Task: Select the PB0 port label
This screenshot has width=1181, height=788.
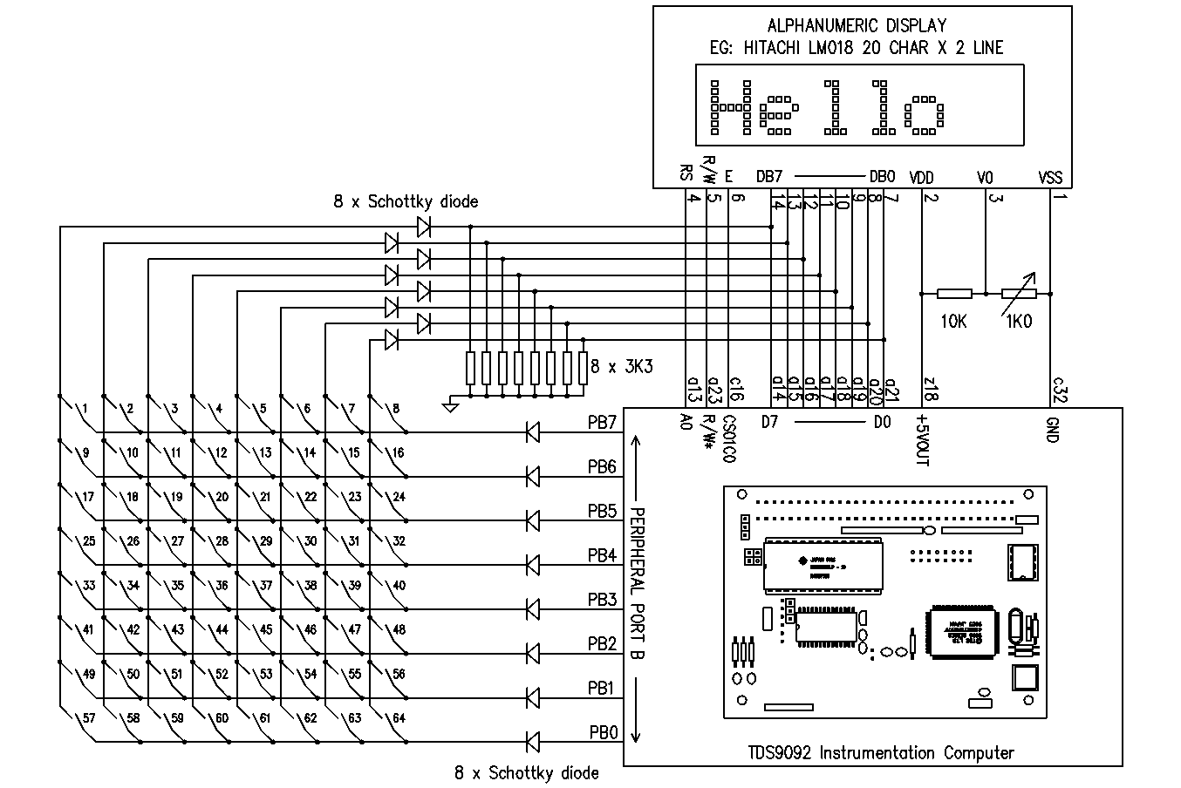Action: coord(602,732)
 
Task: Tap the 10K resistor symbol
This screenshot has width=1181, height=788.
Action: coord(954,294)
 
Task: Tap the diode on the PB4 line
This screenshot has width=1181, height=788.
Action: coord(533,564)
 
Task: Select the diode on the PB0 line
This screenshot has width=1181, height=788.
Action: coord(533,742)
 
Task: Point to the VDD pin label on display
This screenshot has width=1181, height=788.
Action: coord(921,177)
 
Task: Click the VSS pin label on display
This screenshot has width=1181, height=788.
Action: coord(1051,177)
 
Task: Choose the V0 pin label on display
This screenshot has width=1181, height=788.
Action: coord(986,177)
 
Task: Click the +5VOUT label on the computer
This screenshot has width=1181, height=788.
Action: coord(922,441)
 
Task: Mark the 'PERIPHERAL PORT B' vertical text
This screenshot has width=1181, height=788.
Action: coord(637,580)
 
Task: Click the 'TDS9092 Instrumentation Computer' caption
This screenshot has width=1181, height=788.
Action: coord(881,752)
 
